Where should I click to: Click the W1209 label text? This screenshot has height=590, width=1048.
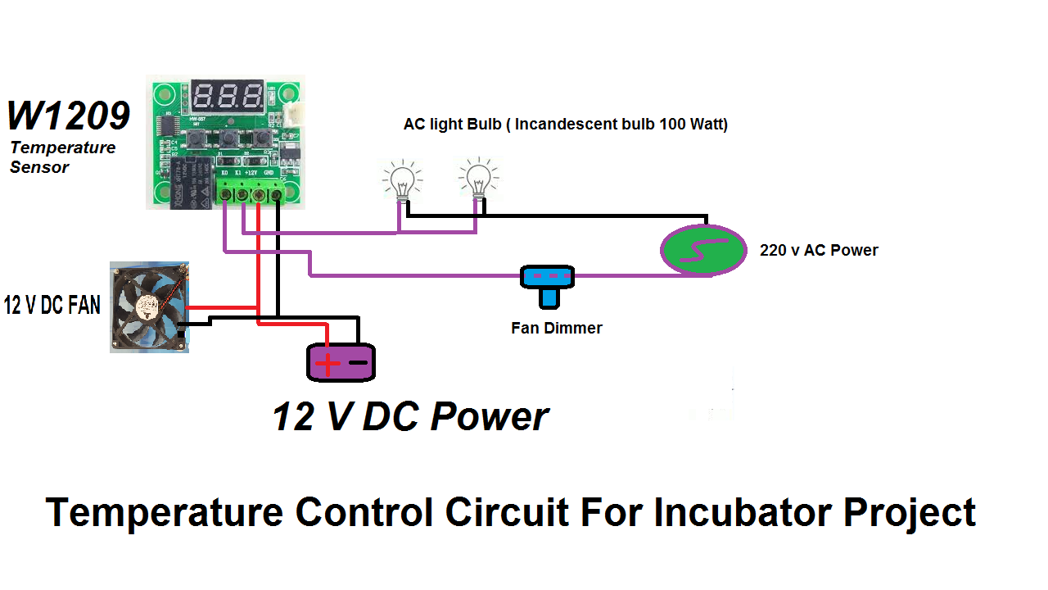tap(69, 116)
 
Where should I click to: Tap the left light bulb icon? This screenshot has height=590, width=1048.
tap(402, 179)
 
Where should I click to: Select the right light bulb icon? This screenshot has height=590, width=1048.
tap(477, 178)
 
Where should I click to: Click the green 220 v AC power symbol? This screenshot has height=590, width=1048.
tap(703, 250)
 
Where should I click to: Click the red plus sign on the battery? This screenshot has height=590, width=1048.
tap(327, 363)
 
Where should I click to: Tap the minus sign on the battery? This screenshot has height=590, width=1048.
tap(358, 362)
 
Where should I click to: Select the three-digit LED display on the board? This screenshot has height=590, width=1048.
tap(228, 98)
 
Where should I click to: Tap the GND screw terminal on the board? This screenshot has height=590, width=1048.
tap(277, 194)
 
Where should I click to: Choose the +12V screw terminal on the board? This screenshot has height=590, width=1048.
tap(260, 194)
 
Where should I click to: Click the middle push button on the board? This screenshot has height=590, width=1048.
tap(228, 138)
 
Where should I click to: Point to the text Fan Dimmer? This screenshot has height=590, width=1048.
tap(556, 328)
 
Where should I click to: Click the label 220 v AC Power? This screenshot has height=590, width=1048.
tap(818, 250)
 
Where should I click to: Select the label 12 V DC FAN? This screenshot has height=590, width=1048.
tap(52, 306)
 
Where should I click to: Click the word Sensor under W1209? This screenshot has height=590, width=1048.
tap(39, 167)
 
